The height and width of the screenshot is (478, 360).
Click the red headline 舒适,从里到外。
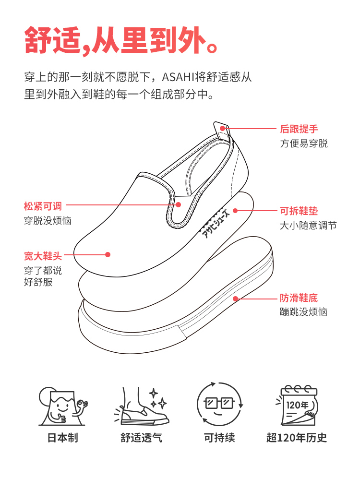[123, 39]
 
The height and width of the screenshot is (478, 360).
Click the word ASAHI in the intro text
[179, 77]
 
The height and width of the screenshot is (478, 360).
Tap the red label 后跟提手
[299, 129]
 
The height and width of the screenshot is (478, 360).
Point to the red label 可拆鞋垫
[299, 211]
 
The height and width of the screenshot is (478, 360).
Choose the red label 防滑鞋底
[299, 298]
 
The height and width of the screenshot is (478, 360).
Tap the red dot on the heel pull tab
[223, 128]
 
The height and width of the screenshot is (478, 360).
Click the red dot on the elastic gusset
[179, 204]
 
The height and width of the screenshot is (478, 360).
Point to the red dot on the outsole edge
[236, 299]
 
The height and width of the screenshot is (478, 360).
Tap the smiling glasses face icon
[220, 405]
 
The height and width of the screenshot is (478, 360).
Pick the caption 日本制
[62, 438]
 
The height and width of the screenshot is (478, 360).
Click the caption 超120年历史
[297, 438]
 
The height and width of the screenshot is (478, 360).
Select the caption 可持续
[220, 438]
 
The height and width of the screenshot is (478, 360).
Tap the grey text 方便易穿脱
[304, 143]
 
